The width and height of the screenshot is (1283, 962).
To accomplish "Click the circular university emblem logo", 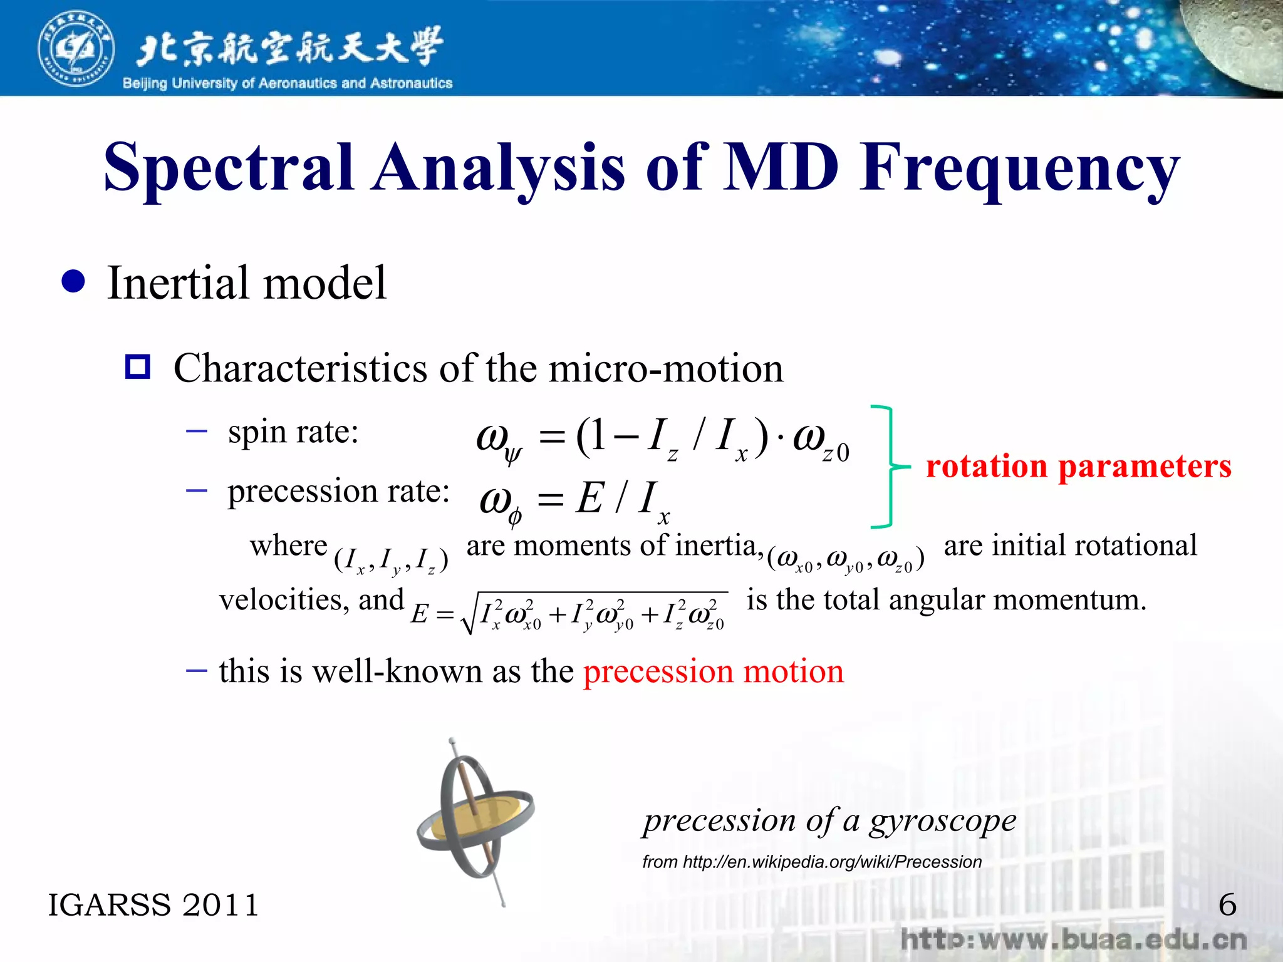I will pos(76,49).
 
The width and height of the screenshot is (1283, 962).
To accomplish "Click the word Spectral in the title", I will pos(228,168).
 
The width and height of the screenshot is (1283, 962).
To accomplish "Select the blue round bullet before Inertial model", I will pos(74,282).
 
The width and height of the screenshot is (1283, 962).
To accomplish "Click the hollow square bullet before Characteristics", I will pos(138,367).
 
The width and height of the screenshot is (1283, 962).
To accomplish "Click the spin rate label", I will pos(293,432).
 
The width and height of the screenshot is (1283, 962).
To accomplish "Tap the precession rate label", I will pos(338,491).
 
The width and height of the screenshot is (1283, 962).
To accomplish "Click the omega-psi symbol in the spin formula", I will pos(499,440).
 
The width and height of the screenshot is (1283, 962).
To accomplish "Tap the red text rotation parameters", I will pos(1078,467).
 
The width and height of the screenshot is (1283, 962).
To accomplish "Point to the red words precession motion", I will pos(713,671).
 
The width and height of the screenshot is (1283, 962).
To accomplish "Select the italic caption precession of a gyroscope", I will pos(829,820).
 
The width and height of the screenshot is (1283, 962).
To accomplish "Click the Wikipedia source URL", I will pos(812,862).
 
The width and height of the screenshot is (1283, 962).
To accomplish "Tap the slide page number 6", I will pos(1227,905).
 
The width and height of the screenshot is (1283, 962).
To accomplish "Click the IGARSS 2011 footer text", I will pos(153,905).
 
